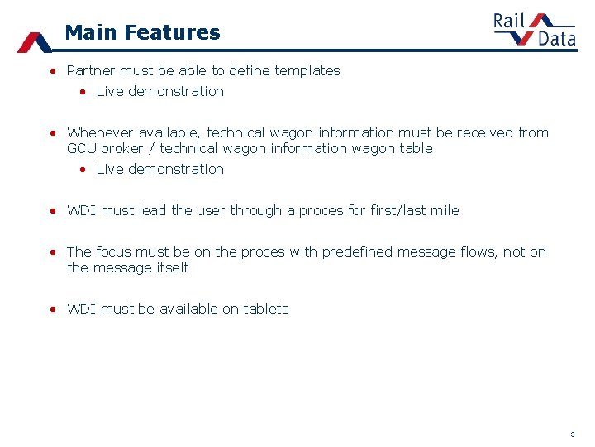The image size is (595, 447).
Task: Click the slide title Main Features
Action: point(142,33)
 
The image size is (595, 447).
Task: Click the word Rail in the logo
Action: point(510,20)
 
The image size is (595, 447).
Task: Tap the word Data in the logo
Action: point(556,38)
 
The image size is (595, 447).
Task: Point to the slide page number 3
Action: point(572,435)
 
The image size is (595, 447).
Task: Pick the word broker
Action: point(121,149)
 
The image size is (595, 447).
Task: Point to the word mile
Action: point(445,210)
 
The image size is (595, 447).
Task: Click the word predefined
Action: point(359,252)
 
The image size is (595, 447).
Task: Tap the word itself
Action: point(170,268)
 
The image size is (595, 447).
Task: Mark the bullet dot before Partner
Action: point(52,72)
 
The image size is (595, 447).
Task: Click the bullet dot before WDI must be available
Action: point(52,310)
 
